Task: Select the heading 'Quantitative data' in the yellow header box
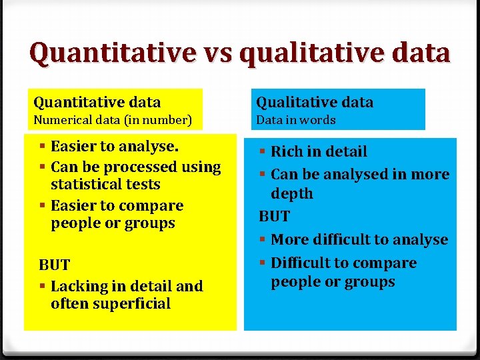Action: [97, 102]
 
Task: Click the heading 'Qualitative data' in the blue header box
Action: [315, 102]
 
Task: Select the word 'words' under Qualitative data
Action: [317, 121]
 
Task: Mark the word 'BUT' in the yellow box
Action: [54, 265]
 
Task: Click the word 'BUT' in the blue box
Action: [274, 217]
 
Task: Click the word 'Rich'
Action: [287, 152]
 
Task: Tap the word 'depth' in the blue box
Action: [292, 193]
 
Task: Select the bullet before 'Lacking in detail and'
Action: [43, 286]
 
